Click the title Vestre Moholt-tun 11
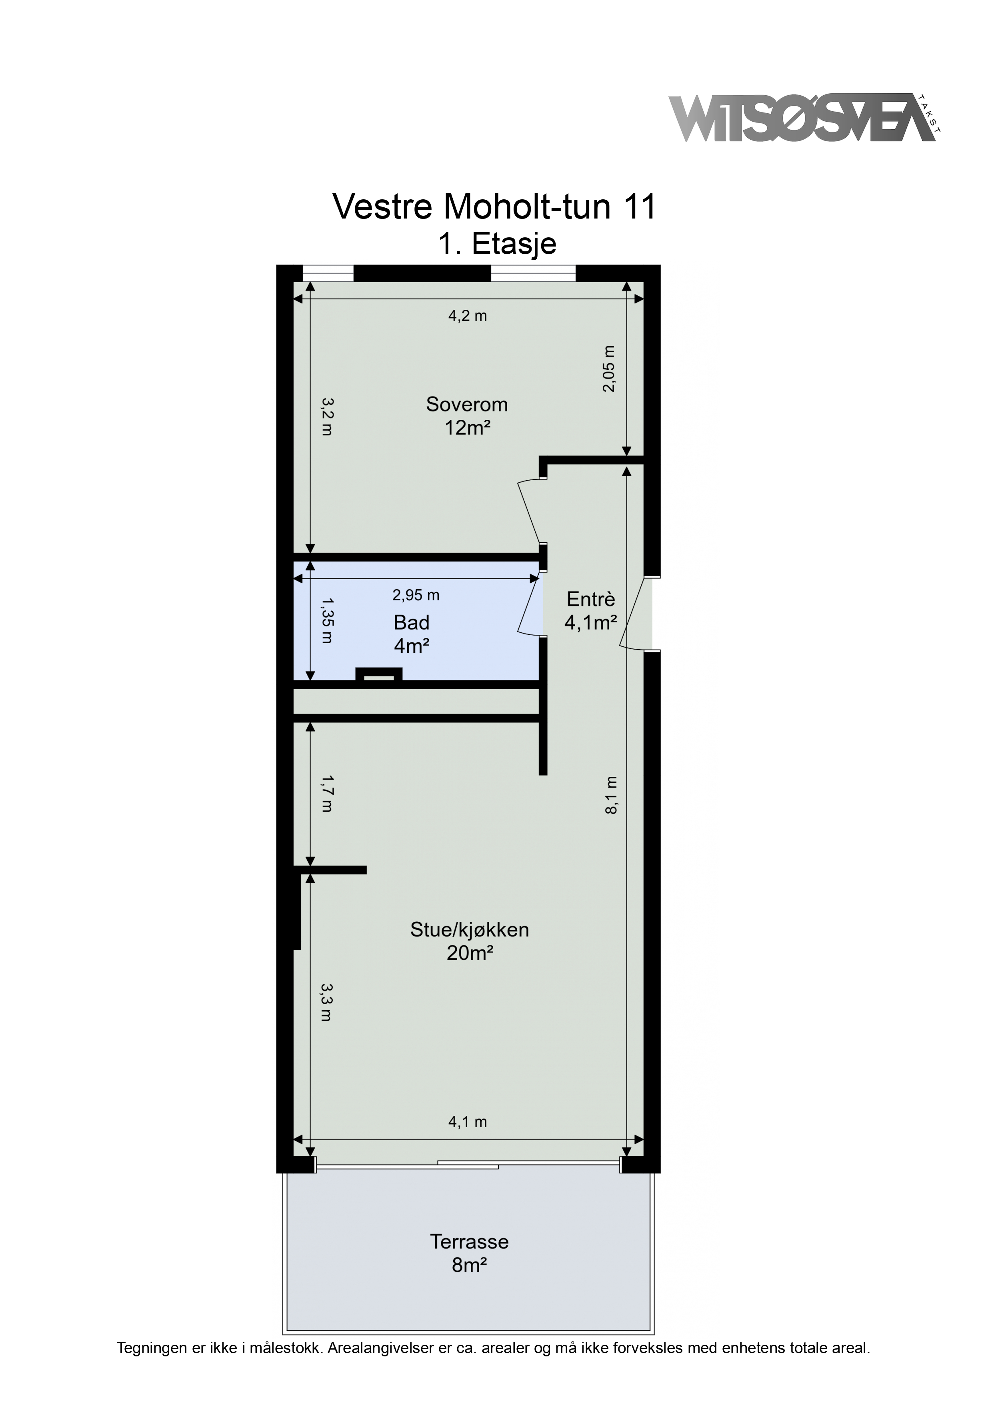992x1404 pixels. coord(494,207)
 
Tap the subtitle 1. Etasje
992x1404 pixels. coord(497,244)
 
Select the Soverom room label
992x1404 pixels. coord(467,404)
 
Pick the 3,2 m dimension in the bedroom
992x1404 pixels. coord(328,416)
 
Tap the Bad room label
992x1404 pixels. coord(411,622)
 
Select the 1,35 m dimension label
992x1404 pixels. coord(328,621)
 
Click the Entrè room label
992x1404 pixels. coord(590,599)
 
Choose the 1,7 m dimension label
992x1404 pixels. coord(328,793)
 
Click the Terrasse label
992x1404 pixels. coord(470,1242)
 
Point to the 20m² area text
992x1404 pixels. coord(470,953)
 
